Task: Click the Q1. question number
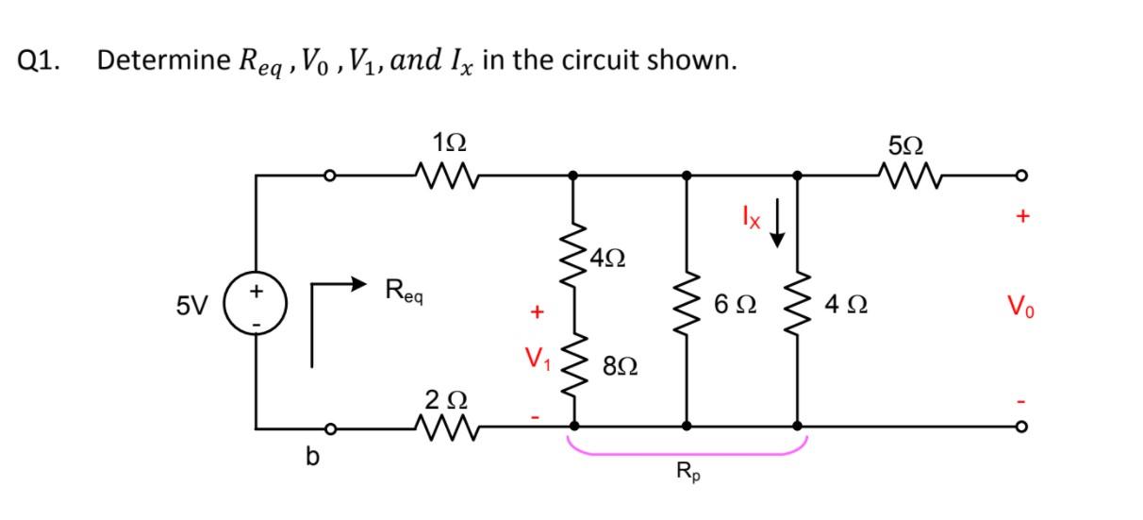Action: [40, 60]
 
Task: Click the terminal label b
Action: [309, 460]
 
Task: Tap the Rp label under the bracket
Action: [687, 472]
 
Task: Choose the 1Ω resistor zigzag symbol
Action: [448, 175]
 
